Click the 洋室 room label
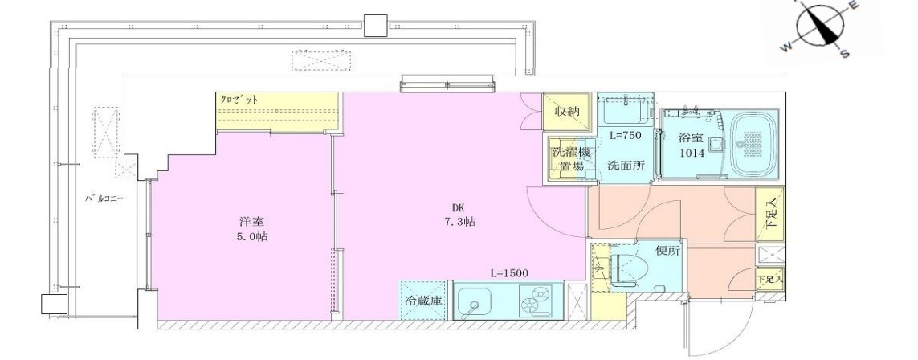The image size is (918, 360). click(x=247, y=221)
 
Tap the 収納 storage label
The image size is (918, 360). click(x=567, y=111)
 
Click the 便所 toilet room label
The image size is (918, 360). click(x=667, y=251)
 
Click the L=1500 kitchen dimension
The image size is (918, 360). click(x=508, y=273)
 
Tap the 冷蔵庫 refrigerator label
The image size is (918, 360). click(x=423, y=301)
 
